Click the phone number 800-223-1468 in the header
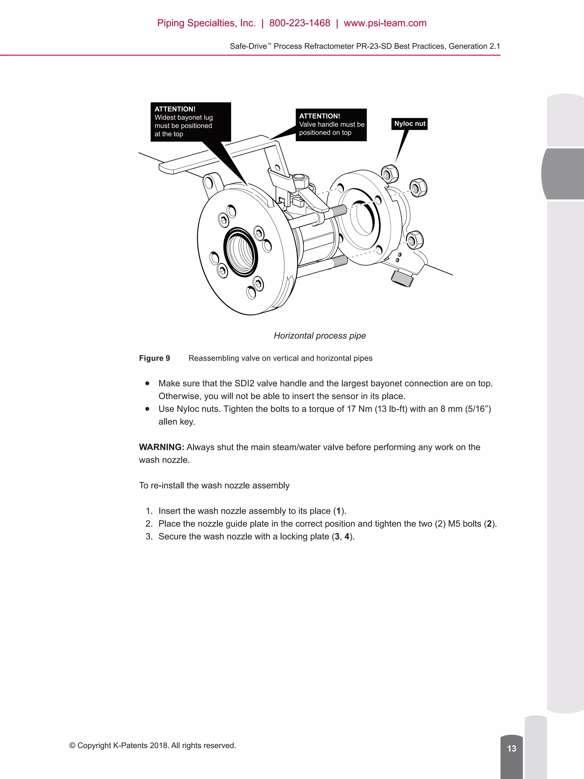tap(300, 23)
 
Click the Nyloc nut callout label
tap(409, 124)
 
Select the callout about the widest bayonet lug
tap(190, 122)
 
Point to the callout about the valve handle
tap(331, 124)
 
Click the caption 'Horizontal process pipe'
tap(320, 336)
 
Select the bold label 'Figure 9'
tap(154, 358)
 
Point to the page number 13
tap(512, 748)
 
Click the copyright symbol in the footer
tap(72, 746)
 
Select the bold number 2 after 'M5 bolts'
tap(489, 524)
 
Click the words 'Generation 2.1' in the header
tap(474, 46)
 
